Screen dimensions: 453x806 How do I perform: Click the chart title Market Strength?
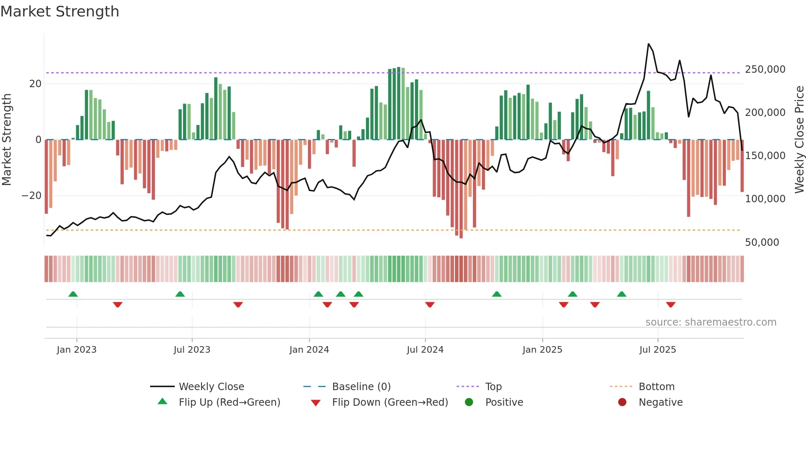tap(60, 12)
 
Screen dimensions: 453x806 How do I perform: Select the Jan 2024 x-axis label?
tap(309, 350)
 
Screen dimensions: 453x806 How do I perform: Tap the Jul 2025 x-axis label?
tap(658, 350)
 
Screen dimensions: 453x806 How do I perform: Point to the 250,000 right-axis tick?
tap(765, 69)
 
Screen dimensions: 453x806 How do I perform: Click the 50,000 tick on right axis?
tap(762, 243)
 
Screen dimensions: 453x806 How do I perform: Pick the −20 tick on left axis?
tap(31, 196)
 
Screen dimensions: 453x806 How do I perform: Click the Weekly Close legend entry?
tap(211, 387)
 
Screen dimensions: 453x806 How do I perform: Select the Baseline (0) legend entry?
tap(361, 387)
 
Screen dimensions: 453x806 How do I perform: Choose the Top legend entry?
tap(493, 387)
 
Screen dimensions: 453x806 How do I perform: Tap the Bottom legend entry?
tap(656, 387)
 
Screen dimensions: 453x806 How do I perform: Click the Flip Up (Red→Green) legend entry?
tap(229, 402)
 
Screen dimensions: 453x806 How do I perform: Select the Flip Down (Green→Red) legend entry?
tap(390, 402)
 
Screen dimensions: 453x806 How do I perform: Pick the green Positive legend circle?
tap(469, 402)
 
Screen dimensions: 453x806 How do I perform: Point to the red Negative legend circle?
tap(622, 402)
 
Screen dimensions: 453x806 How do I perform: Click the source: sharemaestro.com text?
tap(711, 322)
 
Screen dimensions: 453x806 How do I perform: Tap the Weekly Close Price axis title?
tap(799, 139)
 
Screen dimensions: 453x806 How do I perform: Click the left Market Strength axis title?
tap(7, 139)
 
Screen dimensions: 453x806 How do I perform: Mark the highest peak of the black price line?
tap(649, 44)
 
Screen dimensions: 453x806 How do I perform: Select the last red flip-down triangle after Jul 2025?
tap(671, 305)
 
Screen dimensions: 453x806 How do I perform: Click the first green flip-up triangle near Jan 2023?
tap(73, 294)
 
